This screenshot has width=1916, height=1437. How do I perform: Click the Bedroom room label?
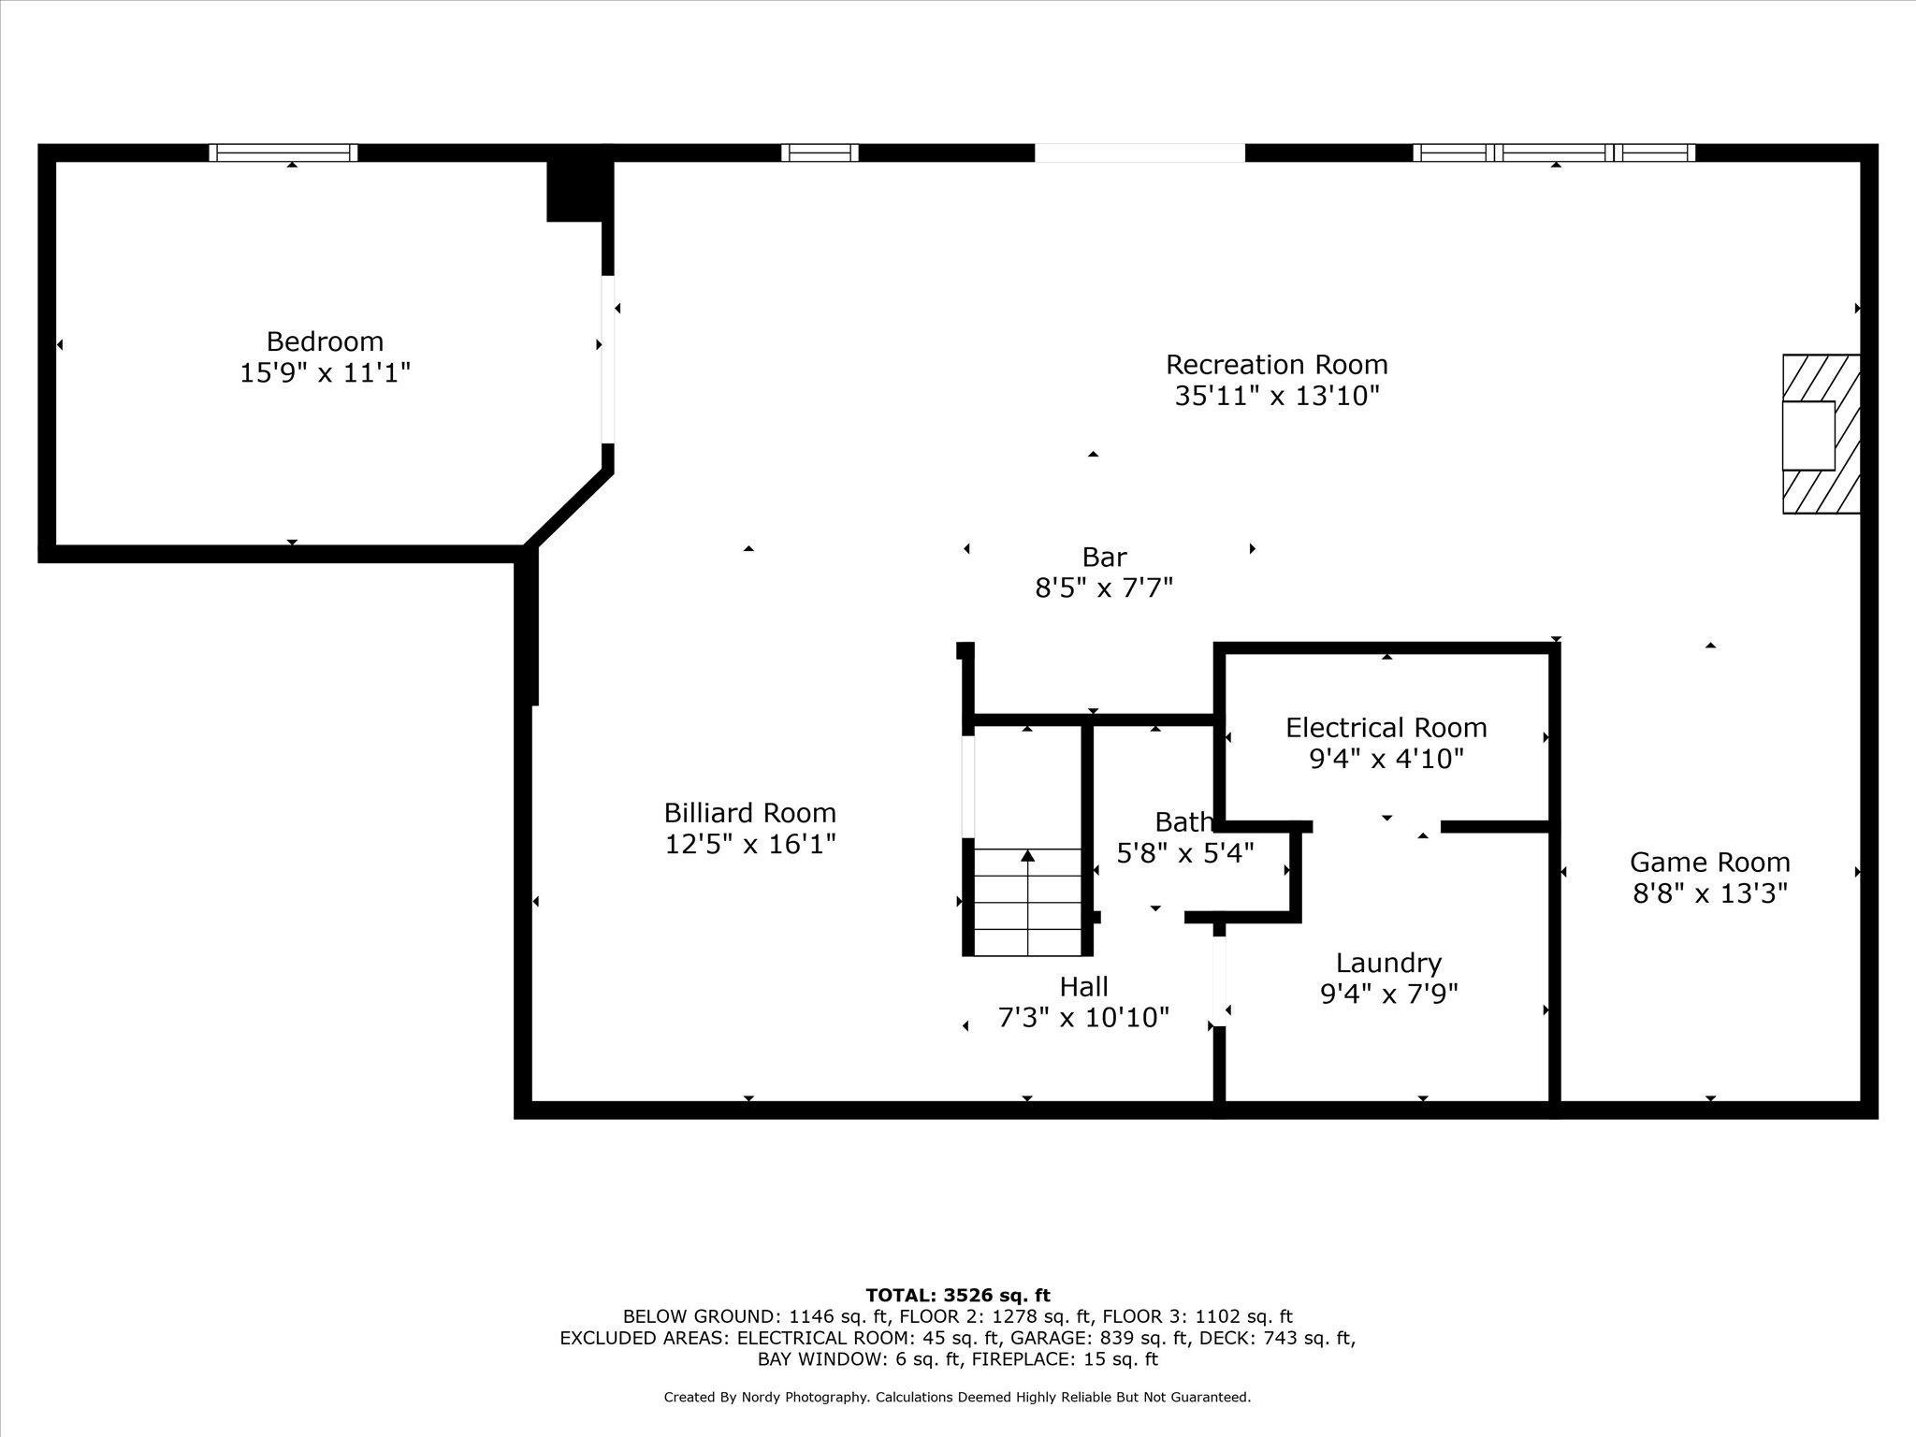[x=325, y=341]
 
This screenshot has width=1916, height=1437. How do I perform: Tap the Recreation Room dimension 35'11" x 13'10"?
[x=1277, y=396]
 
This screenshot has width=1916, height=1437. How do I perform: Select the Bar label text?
[x=1104, y=557]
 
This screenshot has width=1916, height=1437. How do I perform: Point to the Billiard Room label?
[x=750, y=812]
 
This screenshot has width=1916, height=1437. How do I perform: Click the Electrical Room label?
[x=1386, y=727]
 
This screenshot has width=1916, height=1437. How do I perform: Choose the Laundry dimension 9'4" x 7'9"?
[x=1388, y=993]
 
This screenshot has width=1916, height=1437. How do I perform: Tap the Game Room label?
[x=1709, y=862]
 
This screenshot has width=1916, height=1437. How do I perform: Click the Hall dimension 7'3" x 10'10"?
[x=1083, y=1017]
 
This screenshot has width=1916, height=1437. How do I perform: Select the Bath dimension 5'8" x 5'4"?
[x=1185, y=853]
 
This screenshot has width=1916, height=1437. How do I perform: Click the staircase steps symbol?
[x=1028, y=902]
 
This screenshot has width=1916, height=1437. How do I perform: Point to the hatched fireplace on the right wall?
[x=1821, y=434]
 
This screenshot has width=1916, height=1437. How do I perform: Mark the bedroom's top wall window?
[x=283, y=152]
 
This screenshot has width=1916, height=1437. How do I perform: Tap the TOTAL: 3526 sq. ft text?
[x=958, y=1296]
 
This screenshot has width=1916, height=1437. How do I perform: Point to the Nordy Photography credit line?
[x=957, y=1398]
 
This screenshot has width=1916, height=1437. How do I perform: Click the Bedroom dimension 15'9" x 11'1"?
[x=325, y=373]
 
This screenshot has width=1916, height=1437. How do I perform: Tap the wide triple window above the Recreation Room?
[x=1554, y=152]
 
